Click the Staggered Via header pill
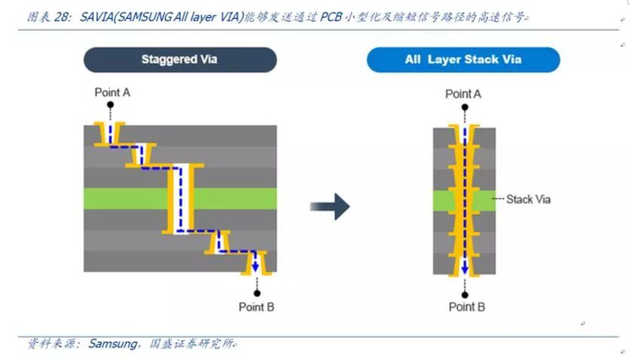(180, 60)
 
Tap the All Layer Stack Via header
(463, 60)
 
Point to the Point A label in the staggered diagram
(112, 92)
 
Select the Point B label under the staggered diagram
(256, 307)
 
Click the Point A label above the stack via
(463, 94)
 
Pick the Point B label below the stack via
(466, 307)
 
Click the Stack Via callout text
(529, 199)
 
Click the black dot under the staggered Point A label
(111, 104)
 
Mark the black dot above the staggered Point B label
(256, 292)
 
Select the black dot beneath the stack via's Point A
(464, 106)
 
